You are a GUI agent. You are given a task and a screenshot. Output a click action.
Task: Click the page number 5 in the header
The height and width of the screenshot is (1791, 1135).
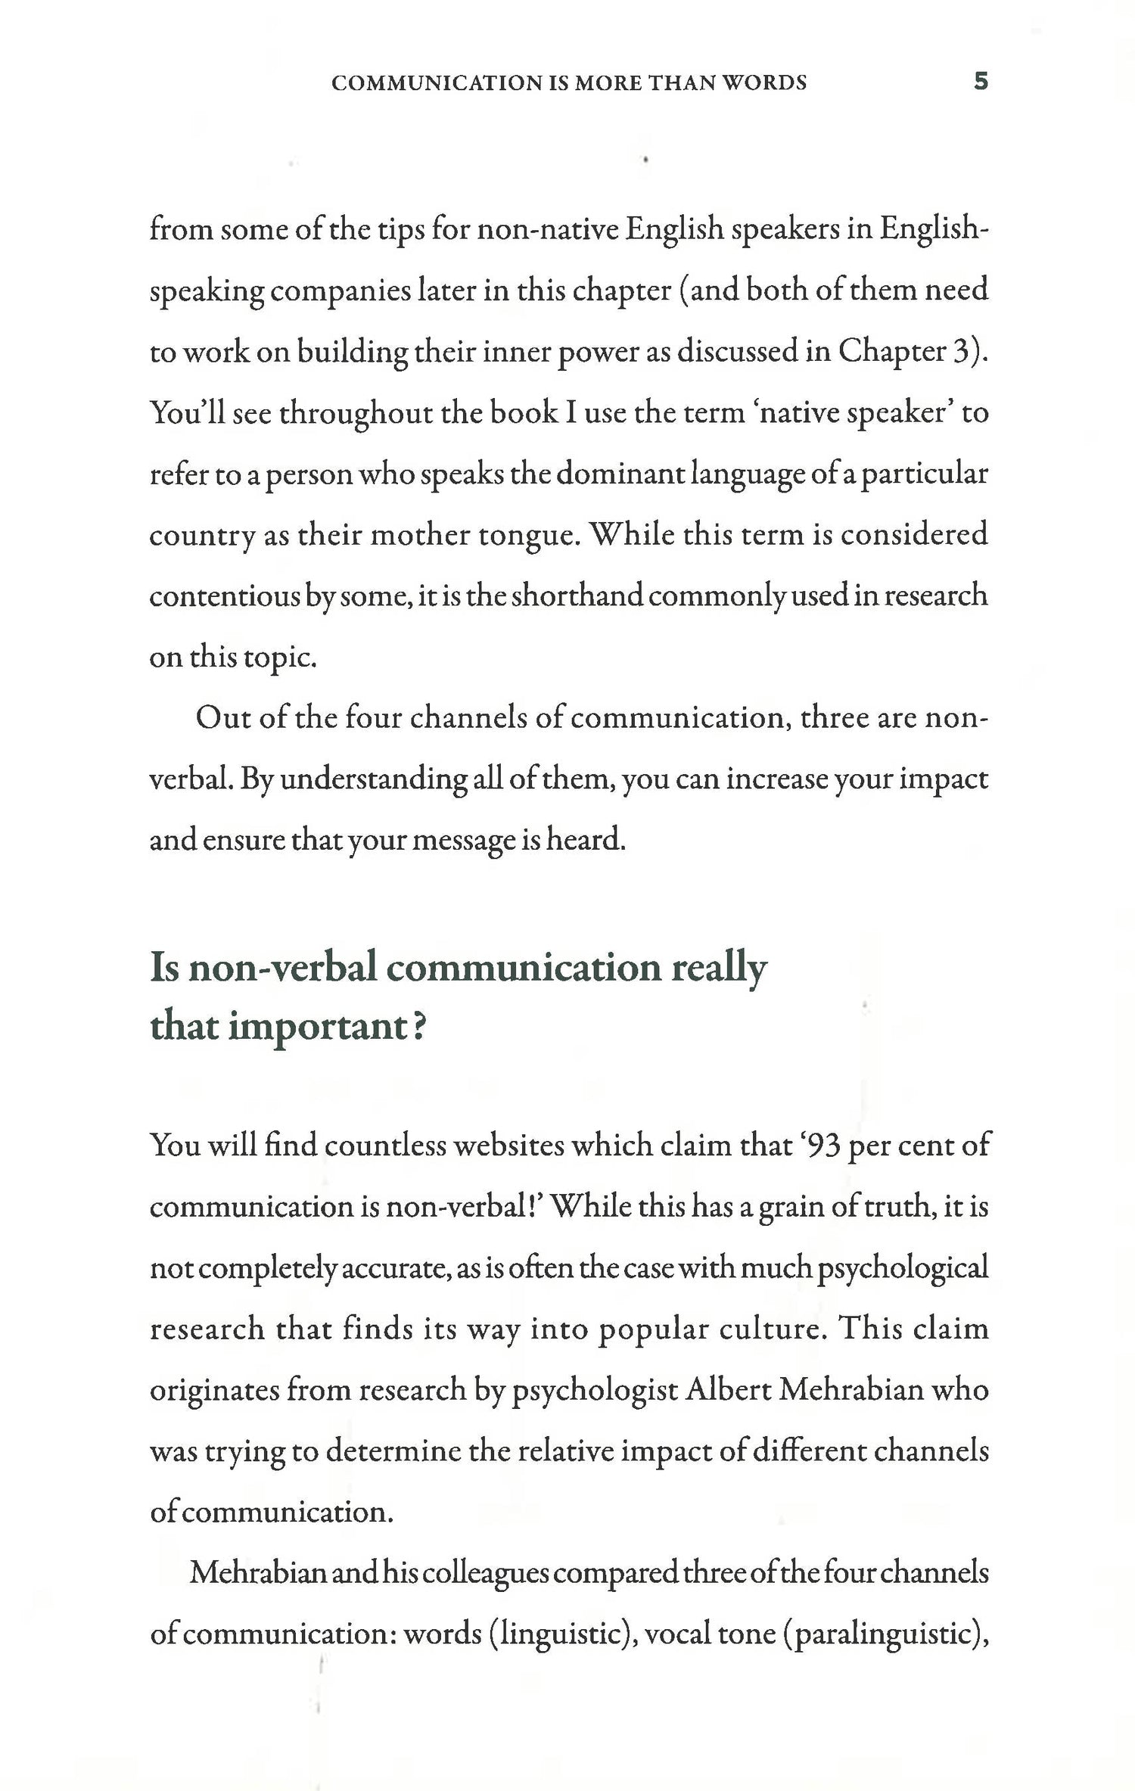click(x=981, y=81)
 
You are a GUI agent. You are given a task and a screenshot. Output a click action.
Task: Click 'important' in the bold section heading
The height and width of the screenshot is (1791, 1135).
click(x=319, y=1027)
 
